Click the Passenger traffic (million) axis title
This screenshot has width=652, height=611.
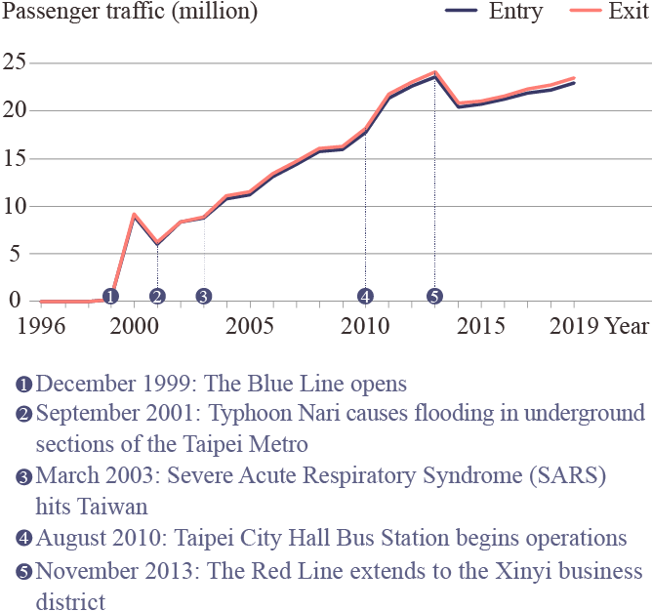(131, 13)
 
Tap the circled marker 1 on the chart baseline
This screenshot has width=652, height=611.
(110, 296)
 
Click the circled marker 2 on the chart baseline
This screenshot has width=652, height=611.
(157, 296)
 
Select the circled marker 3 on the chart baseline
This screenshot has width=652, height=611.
(203, 296)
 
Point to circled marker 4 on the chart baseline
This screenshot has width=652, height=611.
(365, 296)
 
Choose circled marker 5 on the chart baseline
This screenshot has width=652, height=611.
(434, 296)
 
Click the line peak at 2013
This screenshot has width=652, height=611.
(434, 73)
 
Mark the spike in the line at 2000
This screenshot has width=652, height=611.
(134, 215)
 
